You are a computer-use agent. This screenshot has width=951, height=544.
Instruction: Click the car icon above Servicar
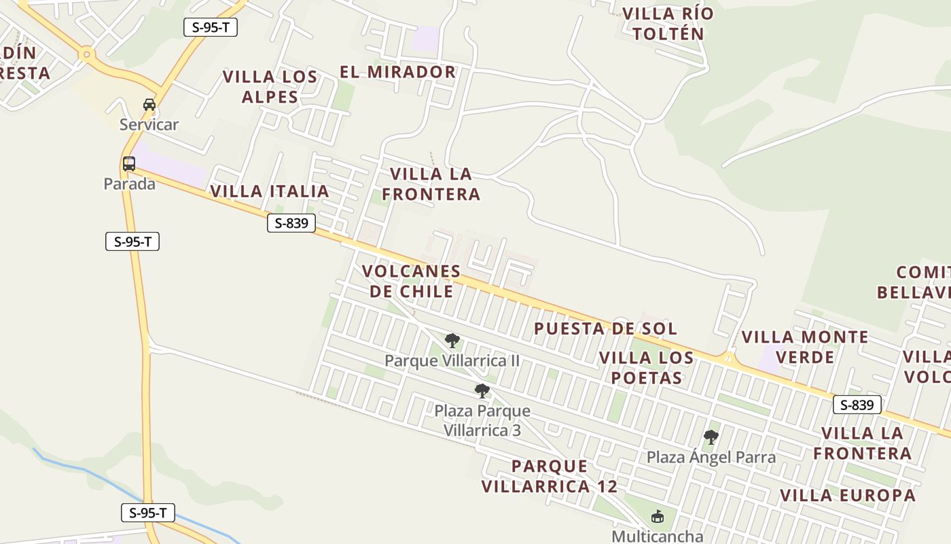pos(149,105)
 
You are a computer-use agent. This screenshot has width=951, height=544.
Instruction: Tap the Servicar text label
pos(149,124)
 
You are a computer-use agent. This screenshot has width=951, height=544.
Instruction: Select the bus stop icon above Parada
pos(129,164)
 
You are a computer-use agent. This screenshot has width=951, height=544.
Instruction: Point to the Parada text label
pos(129,184)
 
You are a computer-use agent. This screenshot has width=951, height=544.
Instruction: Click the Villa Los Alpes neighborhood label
pos(270,86)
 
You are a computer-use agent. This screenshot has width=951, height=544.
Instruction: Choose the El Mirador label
pos(397,71)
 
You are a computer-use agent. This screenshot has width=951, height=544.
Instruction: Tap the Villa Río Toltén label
pos(668,24)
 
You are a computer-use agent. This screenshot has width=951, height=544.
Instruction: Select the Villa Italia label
pos(270,191)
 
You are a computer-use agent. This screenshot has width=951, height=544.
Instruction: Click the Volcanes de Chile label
pos(411,281)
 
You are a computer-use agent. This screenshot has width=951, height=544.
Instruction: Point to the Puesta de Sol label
pos(605,328)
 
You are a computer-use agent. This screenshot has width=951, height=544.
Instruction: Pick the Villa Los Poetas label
pos(647,367)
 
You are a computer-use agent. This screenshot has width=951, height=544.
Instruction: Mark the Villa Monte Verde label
pos(805,347)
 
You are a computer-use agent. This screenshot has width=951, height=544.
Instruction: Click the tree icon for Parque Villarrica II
pos(452,341)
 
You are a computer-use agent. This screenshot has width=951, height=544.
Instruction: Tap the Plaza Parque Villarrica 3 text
pos(482,420)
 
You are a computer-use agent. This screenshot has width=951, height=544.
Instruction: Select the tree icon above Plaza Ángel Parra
pos(711,437)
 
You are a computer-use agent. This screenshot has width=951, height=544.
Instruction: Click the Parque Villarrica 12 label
pos(550,476)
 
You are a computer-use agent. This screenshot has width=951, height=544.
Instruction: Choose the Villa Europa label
pos(848,495)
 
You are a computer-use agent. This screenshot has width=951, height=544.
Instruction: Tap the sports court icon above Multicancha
pos(657,517)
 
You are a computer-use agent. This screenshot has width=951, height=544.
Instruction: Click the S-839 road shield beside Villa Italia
pos(291,223)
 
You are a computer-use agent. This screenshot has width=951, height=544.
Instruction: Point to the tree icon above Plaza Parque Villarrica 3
pos(482,391)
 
